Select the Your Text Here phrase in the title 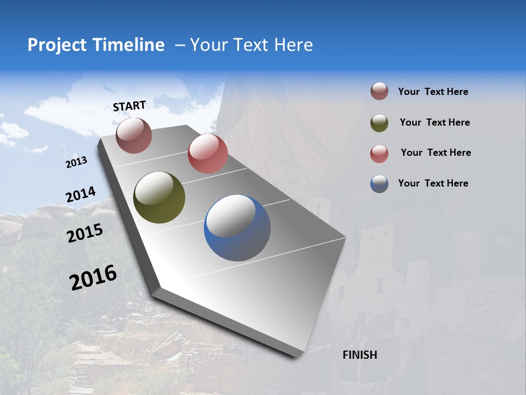[251, 45]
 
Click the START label [129, 105]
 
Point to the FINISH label [359, 355]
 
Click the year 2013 [76, 162]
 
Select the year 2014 [81, 195]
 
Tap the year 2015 [85, 233]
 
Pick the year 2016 [93, 277]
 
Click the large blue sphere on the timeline [237, 228]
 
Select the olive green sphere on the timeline [159, 198]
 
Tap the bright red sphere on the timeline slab [208, 154]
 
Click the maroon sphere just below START [134, 135]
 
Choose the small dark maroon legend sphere [379, 92]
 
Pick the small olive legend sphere [379, 123]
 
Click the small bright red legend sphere [379, 154]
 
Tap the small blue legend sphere [379, 184]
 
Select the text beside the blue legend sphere [433, 183]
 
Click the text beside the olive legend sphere [434, 122]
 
